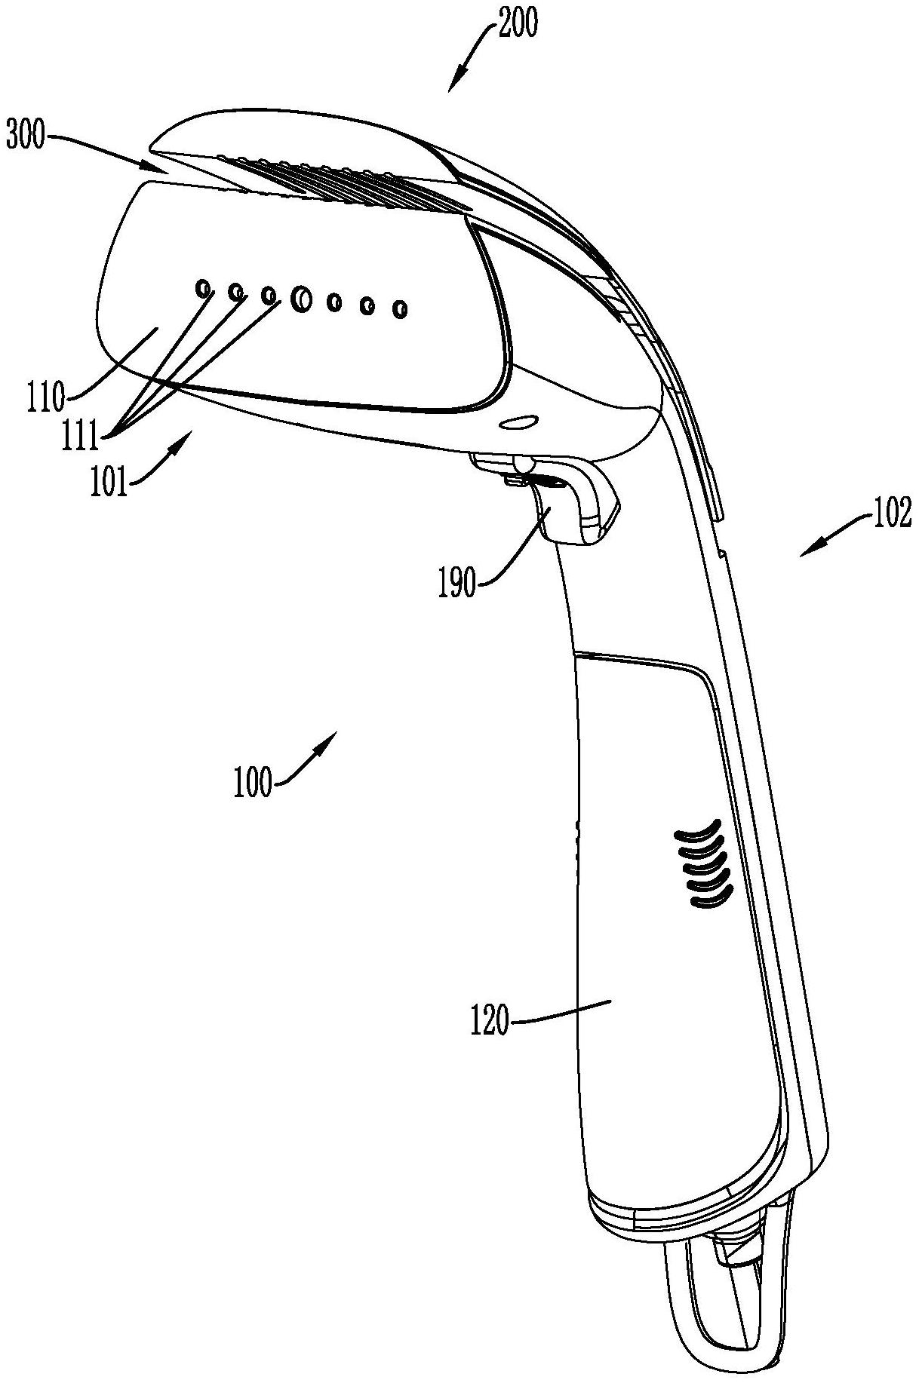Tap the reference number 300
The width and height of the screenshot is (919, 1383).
[x=26, y=138]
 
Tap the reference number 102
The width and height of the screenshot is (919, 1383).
[x=893, y=514]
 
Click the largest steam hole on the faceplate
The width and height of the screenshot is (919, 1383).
[x=300, y=299]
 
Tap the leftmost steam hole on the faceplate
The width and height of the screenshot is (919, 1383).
[x=202, y=287]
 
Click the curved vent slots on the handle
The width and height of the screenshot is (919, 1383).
[x=702, y=863]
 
